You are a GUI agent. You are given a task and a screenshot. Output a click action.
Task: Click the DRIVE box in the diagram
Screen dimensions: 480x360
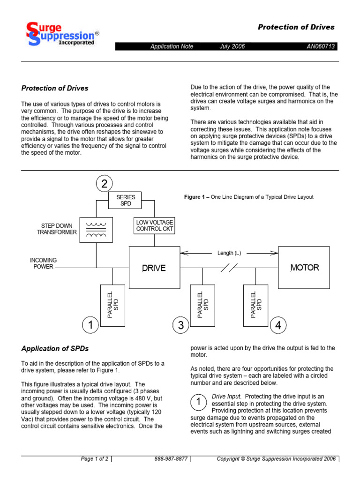tap(154, 268)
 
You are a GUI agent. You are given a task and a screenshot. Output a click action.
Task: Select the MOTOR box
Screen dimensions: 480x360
tap(304, 267)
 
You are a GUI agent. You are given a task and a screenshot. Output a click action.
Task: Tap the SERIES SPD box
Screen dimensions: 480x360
tap(126, 201)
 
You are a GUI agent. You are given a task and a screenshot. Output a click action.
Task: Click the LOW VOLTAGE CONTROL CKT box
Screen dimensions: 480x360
tap(154, 225)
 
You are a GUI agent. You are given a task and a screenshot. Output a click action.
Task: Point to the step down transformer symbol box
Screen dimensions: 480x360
tap(96, 229)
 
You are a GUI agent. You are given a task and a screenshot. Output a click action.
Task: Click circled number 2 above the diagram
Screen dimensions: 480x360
tap(104, 184)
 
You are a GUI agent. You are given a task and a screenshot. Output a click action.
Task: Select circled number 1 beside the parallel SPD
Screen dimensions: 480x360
tap(91, 325)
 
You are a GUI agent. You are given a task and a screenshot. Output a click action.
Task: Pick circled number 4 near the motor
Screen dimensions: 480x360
tap(278, 325)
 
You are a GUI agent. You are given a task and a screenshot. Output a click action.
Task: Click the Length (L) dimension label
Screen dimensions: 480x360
tap(229, 253)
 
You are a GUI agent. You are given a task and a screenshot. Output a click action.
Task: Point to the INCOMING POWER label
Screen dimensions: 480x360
tap(43, 263)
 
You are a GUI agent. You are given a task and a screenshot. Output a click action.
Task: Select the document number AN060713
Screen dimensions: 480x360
tap(321, 46)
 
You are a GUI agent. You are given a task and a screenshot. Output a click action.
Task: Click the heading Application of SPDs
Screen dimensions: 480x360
tap(55, 349)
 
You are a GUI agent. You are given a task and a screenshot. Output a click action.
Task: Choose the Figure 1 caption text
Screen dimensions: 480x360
tap(248, 197)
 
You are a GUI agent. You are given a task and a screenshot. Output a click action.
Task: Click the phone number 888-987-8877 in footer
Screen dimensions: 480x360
tap(171, 459)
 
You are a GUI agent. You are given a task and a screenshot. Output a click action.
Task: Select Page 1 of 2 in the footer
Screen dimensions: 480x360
tap(95, 459)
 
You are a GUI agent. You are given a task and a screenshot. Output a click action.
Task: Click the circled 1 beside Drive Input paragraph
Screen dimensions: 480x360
tap(199, 402)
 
